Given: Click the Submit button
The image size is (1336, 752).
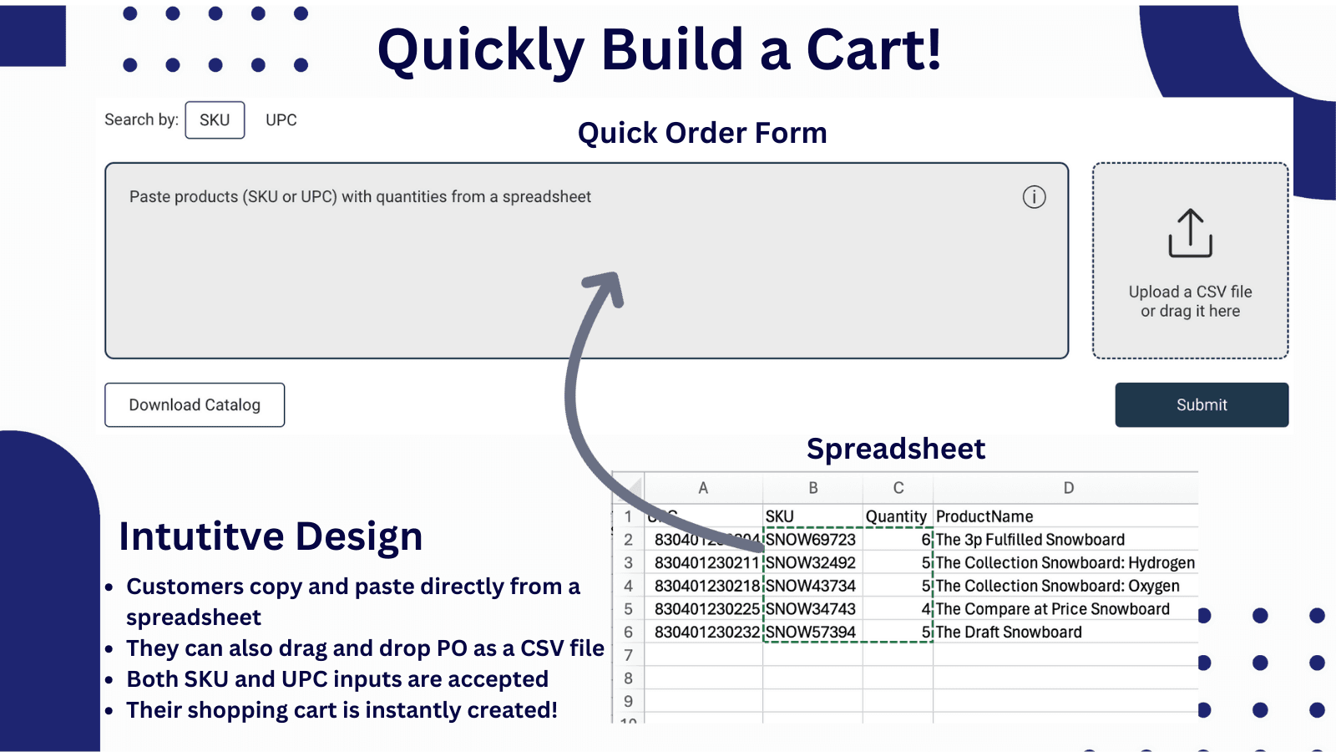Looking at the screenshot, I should coord(1201,404).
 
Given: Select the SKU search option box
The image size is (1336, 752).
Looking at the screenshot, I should coord(215,120).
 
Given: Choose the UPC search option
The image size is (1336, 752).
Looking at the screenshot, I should coord(281,120).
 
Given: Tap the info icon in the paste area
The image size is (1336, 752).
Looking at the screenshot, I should coord(1034,197).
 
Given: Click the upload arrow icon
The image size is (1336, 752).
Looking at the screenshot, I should coord(1190,233).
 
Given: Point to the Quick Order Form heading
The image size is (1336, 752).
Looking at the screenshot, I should coord(702,133).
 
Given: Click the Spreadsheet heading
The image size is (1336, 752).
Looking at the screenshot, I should coord(896,449).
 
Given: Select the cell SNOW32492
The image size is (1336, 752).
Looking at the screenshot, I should coord(811,563).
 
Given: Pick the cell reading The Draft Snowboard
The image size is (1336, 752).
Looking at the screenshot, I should coord(1009,633).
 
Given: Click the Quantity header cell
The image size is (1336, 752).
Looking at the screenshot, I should coord(896,516).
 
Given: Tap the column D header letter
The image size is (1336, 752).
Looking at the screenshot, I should coord(1068,488).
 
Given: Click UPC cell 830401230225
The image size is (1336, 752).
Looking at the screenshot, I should coord(706,609).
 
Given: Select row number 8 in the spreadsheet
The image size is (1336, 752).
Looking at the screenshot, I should coord(628,678).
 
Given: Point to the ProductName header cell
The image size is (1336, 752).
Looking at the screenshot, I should coord(984,516).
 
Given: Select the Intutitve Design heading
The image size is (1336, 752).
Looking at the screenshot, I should coord(271,536).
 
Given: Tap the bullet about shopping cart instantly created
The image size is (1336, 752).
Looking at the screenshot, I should coord(342,710).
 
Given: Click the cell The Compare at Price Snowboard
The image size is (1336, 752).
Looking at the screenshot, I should coord(1052,609).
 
